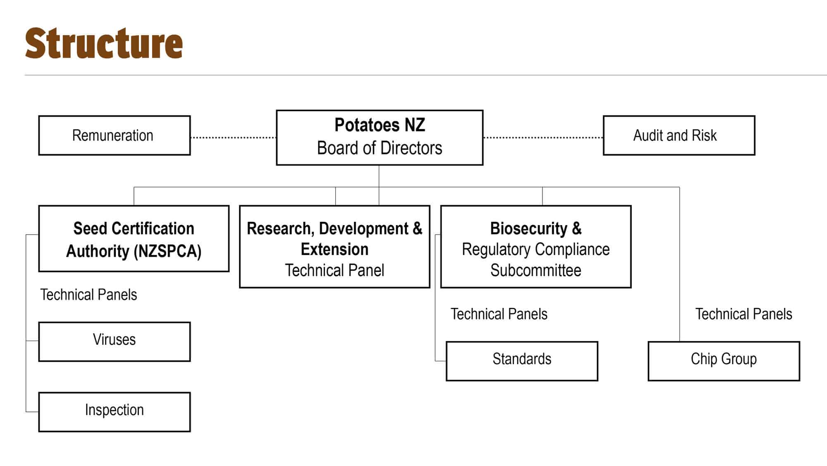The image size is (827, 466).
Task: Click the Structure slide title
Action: coord(104,43)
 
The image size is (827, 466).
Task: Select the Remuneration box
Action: coord(115,135)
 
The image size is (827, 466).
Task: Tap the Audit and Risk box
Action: coord(679,135)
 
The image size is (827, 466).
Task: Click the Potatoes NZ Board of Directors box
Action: coord(380,137)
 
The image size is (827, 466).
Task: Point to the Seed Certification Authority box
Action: coord(134,238)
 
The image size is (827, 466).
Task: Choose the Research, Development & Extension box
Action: coord(335,246)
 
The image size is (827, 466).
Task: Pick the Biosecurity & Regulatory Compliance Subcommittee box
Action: coord(536,246)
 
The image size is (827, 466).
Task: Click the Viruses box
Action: coord(115,342)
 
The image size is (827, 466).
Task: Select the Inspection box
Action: coord(115,412)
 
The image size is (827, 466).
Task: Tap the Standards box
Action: coord(522,361)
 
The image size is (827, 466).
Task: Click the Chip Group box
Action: coord(724,361)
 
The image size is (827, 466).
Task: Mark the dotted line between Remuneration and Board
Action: coord(234,137)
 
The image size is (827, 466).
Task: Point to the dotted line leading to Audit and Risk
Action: coord(543,137)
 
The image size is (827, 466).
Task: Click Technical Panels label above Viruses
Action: coord(88,295)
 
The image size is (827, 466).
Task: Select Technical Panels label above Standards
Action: coord(499,314)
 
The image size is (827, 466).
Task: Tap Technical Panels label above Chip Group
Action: coord(743,314)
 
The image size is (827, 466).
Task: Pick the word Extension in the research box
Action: coord(335,250)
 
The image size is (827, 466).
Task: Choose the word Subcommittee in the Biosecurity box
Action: coord(536,271)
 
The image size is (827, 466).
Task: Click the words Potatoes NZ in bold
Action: coord(380,125)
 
